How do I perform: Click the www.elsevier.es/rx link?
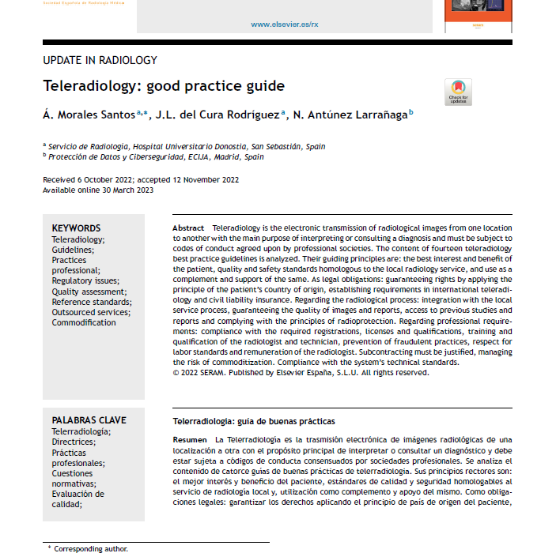(x=285, y=24)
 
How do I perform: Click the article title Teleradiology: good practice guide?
(x=163, y=85)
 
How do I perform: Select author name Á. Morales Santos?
(x=88, y=115)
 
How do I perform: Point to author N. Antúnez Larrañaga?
(x=350, y=115)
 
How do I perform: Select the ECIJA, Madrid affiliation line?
(x=156, y=156)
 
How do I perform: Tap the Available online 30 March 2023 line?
(x=98, y=190)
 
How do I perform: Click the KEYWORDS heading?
(x=77, y=228)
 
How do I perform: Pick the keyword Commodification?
(x=84, y=322)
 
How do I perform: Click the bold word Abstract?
(x=188, y=228)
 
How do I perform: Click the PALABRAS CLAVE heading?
(x=89, y=420)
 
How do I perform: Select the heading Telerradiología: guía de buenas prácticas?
(x=254, y=421)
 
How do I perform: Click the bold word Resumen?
(x=190, y=439)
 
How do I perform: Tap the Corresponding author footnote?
(x=90, y=548)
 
